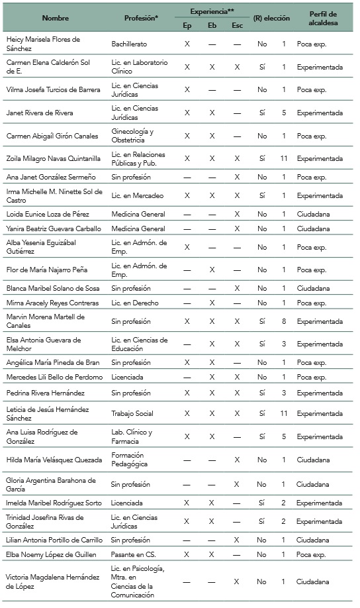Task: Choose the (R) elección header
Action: (271, 19)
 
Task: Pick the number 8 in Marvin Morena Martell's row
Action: (283, 321)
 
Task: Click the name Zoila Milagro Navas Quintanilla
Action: (53, 159)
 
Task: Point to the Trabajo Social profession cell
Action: (132, 413)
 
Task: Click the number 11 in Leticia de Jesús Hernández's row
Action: (283, 413)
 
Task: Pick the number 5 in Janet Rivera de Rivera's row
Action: (283, 113)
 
